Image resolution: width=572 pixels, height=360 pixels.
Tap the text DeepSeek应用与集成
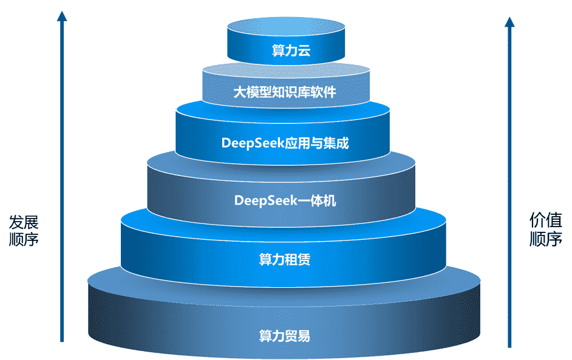click(x=285, y=144)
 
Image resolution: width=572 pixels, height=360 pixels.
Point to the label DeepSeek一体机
click(x=285, y=200)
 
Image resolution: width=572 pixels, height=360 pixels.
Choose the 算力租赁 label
click(x=285, y=260)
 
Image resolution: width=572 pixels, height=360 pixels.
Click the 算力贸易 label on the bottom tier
click(x=285, y=335)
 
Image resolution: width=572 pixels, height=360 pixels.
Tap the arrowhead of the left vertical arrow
click(x=61, y=16)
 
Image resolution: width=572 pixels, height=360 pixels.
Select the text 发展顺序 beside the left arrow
click(x=24, y=230)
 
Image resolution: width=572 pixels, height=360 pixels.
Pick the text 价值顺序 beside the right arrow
click(x=546, y=229)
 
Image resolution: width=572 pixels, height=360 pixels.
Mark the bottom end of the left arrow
click(x=61, y=340)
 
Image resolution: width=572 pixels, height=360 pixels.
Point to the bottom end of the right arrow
click(x=509, y=345)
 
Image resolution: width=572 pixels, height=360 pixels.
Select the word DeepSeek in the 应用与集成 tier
click(x=250, y=144)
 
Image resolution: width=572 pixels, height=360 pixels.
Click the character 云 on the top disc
click(x=304, y=51)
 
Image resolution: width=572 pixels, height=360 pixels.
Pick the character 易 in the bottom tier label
click(x=304, y=335)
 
